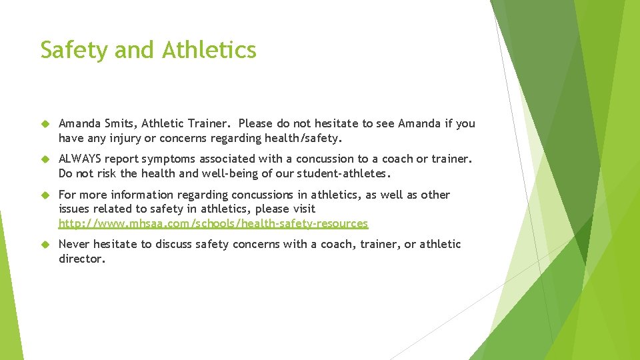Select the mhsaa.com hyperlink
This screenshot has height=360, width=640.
point(213,224)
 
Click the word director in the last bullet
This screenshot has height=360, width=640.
point(81,259)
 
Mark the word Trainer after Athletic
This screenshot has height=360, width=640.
point(208,123)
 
